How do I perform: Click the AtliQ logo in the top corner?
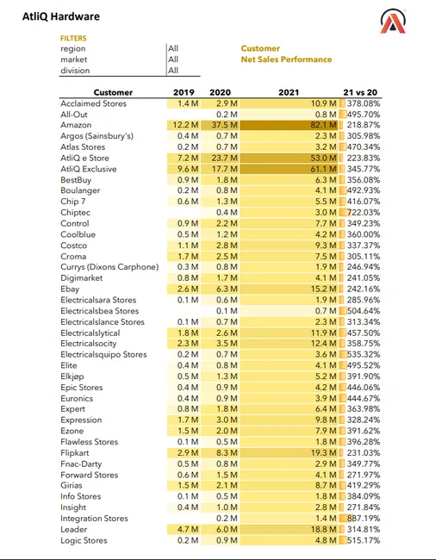[393, 22]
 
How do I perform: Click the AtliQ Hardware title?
[61, 16]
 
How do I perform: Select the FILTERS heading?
[73, 38]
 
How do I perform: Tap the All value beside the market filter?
[173, 59]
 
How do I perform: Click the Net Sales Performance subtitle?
[286, 59]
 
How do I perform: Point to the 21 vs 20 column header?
[360, 92]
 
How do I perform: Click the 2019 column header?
[184, 92]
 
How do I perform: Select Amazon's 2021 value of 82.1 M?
[323, 125]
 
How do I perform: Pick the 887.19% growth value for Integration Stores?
[364, 518]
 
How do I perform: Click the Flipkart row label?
[75, 453]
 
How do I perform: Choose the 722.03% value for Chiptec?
[364, 213]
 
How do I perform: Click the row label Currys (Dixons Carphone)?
[109, 267]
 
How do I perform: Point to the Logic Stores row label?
[84, 540]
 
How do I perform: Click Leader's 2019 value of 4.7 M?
[188, 529]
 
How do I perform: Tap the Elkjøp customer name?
[72, 376]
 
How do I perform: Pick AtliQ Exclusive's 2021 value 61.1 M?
[323, 169]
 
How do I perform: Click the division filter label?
[75, 71]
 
